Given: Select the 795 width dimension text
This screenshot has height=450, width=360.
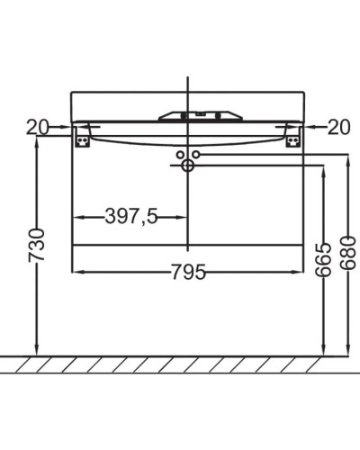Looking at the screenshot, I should [x=188, y=271].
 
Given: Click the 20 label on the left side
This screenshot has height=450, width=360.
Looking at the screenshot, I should [x=36, y=128].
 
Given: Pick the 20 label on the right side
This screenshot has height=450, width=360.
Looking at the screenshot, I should [x=338, y=128].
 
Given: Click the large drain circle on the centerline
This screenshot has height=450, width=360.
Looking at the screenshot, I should [x=188, y=166].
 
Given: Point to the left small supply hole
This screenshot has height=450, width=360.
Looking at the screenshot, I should [x=179, y=155].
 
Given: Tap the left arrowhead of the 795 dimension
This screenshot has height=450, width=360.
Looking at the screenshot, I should [x=76, y=271].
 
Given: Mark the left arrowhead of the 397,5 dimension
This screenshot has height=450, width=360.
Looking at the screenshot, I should [x=76, y=217].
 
